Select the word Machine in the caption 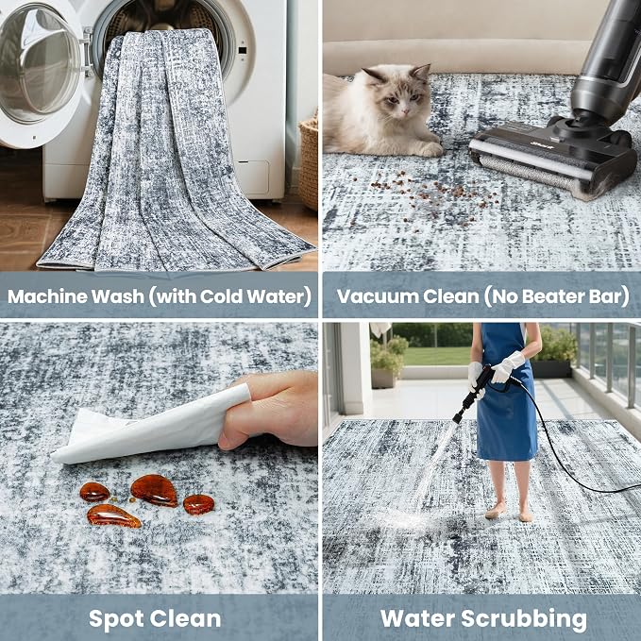[47, 296]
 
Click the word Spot [116, 619]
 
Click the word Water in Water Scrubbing [418, 618]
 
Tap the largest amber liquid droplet [155, 490]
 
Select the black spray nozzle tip [458, 418]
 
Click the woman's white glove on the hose [508, 367]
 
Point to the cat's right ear [422, 73]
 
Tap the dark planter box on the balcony [552, 368]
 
